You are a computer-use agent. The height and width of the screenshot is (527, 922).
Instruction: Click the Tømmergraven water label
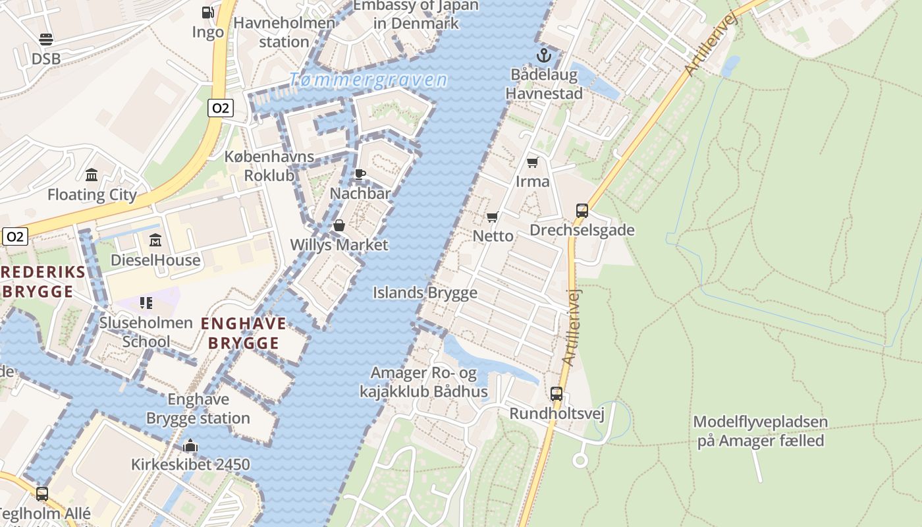[368, 80]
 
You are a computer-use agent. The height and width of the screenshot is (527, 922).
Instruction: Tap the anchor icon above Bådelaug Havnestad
[543, 55]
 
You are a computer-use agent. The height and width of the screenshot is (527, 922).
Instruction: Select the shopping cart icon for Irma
[532, 162]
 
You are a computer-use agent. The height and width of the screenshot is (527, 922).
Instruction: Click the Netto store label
[493, 235]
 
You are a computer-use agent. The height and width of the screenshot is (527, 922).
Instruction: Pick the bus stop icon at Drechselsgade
[582, 211]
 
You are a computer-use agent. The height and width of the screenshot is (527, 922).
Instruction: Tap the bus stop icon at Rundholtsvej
[556, 394]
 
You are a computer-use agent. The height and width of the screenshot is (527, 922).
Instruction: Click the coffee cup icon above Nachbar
[360, 174]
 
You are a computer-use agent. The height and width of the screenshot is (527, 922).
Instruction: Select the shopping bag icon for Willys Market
[339, 225]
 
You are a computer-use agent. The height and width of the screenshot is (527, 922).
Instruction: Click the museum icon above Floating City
[92, 175]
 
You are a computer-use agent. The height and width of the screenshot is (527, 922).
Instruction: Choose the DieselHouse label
[155, 260]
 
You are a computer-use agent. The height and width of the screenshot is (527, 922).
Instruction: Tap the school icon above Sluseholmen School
[146, 303]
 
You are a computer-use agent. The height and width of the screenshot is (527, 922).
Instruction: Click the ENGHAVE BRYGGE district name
[244, 333]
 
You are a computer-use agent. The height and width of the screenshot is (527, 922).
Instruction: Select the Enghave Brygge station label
[198, 408]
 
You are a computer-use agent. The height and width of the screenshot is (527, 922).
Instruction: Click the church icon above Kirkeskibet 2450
[190, 446]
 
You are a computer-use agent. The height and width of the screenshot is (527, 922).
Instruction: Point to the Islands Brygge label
[425, 293]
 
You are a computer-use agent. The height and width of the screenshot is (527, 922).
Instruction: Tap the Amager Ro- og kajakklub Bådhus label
[423, 383]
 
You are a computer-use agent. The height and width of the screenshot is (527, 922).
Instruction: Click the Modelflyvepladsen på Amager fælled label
[761, 431]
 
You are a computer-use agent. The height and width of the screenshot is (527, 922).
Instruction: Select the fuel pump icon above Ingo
[207, 13]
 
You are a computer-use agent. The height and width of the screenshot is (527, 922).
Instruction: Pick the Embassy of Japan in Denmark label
[416, 14]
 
